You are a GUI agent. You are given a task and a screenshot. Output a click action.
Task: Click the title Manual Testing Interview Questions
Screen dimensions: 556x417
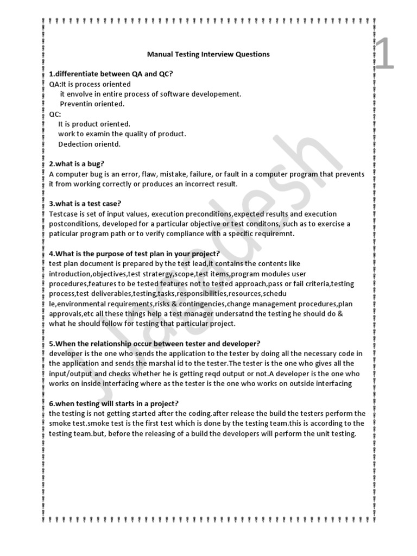(x=208, y=54)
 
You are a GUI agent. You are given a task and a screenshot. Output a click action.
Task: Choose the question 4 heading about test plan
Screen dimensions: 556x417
(x=134, y=254)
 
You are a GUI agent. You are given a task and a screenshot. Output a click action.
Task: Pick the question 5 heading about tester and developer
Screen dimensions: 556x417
(x=155, y=343)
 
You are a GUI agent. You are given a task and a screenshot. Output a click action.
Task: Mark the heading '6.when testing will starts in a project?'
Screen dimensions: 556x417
(x=113, y=403)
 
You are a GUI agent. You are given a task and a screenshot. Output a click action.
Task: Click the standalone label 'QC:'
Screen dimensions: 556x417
(x=55, y=114)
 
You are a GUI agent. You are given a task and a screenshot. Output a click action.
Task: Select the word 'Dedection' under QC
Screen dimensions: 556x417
(x=76, y=144)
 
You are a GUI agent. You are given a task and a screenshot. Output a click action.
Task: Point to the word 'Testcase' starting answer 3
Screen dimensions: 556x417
(x=64, y=214)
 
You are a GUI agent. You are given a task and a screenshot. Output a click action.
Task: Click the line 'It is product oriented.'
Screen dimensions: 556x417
(x=94, y=124)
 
